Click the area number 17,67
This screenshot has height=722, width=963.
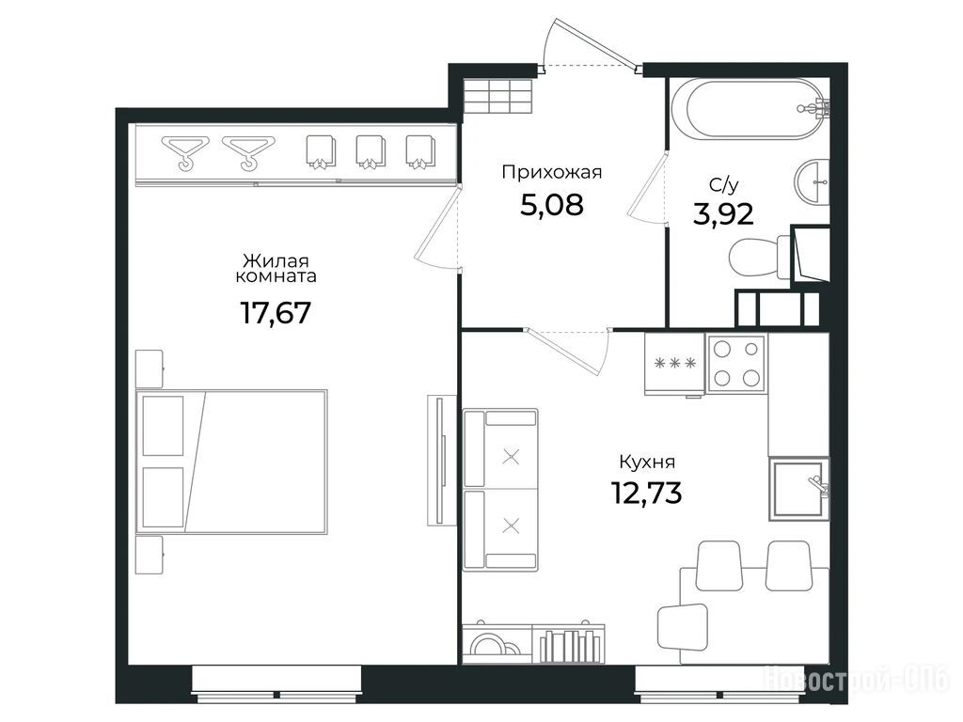pyautogui.click(x=276, y=312)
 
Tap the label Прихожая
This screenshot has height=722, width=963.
pyautogui.click(x=551, y=173)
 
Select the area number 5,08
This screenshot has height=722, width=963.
pyautogui.click(x=551, y=205)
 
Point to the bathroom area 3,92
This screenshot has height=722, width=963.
pyautogui.click(x=723, y=213)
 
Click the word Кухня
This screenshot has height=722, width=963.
pyautogui.click(x=647, y=462)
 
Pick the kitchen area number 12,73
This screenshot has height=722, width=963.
pyautogui.click(x=646, y=492)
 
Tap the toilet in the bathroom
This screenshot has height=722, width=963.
pyautogui.click(x=759, y=256)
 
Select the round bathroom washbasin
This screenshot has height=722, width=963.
pyautogui.click(x=812, y=181)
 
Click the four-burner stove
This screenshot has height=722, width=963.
pyautogui.click(x=735, y=364)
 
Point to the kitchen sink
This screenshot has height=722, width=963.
pyautogui.click(x=798, y=489)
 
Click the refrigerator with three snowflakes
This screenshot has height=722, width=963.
pyautogui.click(x=674, y=364)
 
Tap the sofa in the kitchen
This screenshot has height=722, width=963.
pyautogui.click(x=500, y=490)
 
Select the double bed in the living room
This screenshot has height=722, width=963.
pyautogui.click(x=231, y=461)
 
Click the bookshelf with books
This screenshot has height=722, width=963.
pyautogui.click(x=569, y=644)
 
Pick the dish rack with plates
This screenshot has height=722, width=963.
pyautogui.click(x=497, y=644)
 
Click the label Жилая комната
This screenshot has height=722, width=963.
pyautogui.click(x=276, y=269)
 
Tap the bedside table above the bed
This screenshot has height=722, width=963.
pyautogui.click(x=150, y=369)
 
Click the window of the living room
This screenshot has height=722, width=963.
pyautogui.click(x=276, y=684)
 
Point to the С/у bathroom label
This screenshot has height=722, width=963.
pyautogui.click(x=723, y=185)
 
